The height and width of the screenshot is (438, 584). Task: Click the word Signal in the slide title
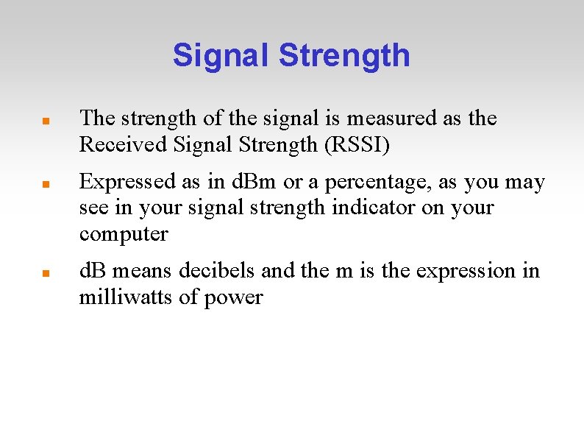coord(222,56)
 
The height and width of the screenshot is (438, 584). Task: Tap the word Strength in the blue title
coord(344,56)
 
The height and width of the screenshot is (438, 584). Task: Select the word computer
coord(124,235)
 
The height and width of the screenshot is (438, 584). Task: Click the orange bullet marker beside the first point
coord(46,119)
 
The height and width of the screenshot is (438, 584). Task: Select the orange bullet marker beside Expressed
coord(46,183)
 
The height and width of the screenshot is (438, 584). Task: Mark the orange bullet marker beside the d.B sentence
coord(46,272)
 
